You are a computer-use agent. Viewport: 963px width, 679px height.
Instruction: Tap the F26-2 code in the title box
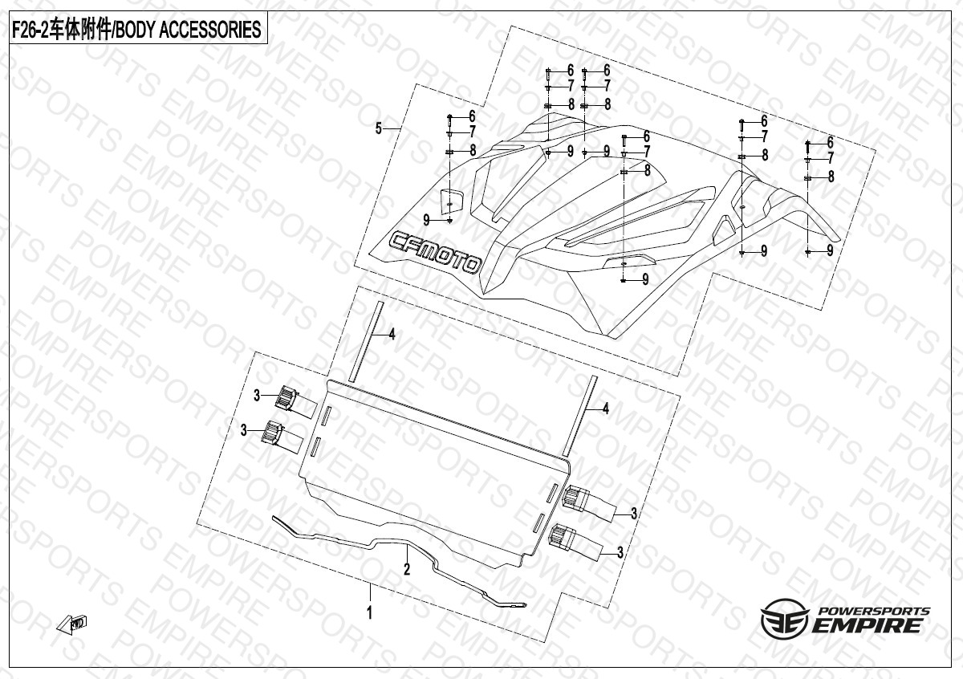coord(30,30)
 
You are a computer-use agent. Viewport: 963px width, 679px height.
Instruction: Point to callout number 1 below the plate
coord(370,614)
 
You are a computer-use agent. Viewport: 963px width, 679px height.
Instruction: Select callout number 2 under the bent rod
coord(407,570)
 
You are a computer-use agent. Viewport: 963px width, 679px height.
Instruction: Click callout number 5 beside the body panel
coord(379,128)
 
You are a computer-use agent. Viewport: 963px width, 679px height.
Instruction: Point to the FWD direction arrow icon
coord(72,624)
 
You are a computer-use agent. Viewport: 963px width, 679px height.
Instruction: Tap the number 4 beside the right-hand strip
coord(606,409)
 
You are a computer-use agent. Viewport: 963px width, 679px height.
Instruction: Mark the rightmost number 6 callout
coord(830,142)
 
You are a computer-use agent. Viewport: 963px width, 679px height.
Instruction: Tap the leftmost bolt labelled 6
coord(450,117)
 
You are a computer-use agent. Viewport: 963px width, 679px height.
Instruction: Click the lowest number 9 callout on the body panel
coord(645,279)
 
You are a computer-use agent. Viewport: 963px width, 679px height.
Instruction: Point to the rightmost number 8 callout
coord(831,177)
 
